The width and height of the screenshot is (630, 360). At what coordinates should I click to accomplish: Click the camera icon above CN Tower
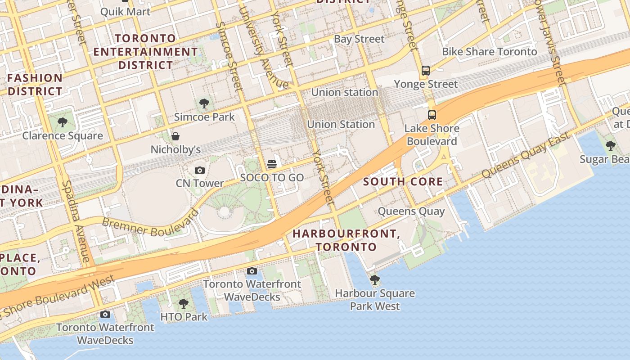[x=199, y=170]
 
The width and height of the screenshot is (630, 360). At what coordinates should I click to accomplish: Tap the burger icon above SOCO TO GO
[x=271, y=164]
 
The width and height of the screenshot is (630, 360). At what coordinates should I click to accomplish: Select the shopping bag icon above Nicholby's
[x=175, y=136]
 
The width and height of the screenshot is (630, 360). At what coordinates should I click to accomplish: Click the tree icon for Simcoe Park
[x=204, y=103]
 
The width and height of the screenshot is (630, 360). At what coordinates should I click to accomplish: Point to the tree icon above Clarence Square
[x=63, y=122]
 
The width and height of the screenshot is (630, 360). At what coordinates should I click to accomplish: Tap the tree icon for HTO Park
[x=183, y=303]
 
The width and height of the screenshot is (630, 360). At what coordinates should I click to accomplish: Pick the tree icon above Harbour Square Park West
[x=374, y=280]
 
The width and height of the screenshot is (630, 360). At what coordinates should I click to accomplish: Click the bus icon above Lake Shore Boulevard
[x=432, y=115]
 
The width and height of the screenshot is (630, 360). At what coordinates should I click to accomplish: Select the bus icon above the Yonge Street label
[x=426, y=71]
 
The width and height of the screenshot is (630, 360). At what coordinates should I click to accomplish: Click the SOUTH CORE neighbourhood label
[x=403, y=182]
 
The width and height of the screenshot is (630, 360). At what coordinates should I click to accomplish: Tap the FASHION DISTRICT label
[x=35, y=85]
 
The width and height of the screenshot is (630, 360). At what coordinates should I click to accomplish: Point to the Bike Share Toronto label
[x=489, y=52]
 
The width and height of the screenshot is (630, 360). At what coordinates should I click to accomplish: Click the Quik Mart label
[x=125, y=11]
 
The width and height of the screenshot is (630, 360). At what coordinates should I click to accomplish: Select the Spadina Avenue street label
[x=75, y=221]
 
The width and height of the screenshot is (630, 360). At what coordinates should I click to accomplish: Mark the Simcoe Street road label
[x=229, y=56]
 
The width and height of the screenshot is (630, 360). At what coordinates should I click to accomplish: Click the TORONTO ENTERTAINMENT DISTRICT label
[x=145, y=52]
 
